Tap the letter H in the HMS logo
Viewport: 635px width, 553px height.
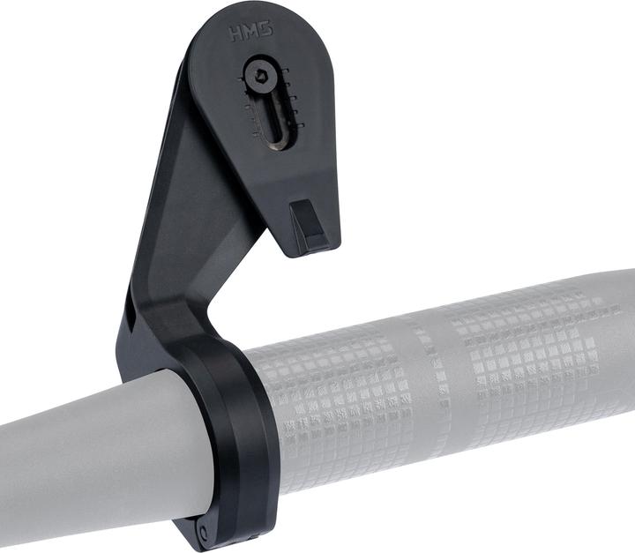(x=235, y=35)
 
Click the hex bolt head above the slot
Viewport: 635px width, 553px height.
(x=260, y=77)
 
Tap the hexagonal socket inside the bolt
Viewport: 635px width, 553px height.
(x=260, y=77)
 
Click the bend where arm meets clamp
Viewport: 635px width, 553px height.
(x=190, y=318)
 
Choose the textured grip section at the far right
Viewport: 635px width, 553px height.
(x=538, y=344)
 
